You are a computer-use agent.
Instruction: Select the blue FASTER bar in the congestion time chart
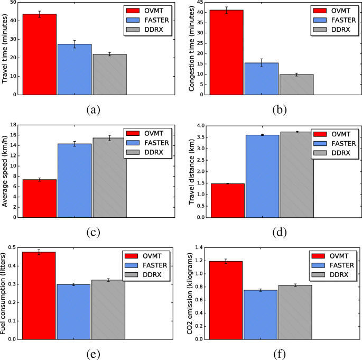261,79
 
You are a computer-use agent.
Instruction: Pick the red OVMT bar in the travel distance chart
227,200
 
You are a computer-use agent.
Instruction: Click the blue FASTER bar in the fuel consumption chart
73,311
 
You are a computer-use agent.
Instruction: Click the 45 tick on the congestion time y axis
201,3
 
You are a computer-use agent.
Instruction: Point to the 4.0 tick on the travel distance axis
199,126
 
